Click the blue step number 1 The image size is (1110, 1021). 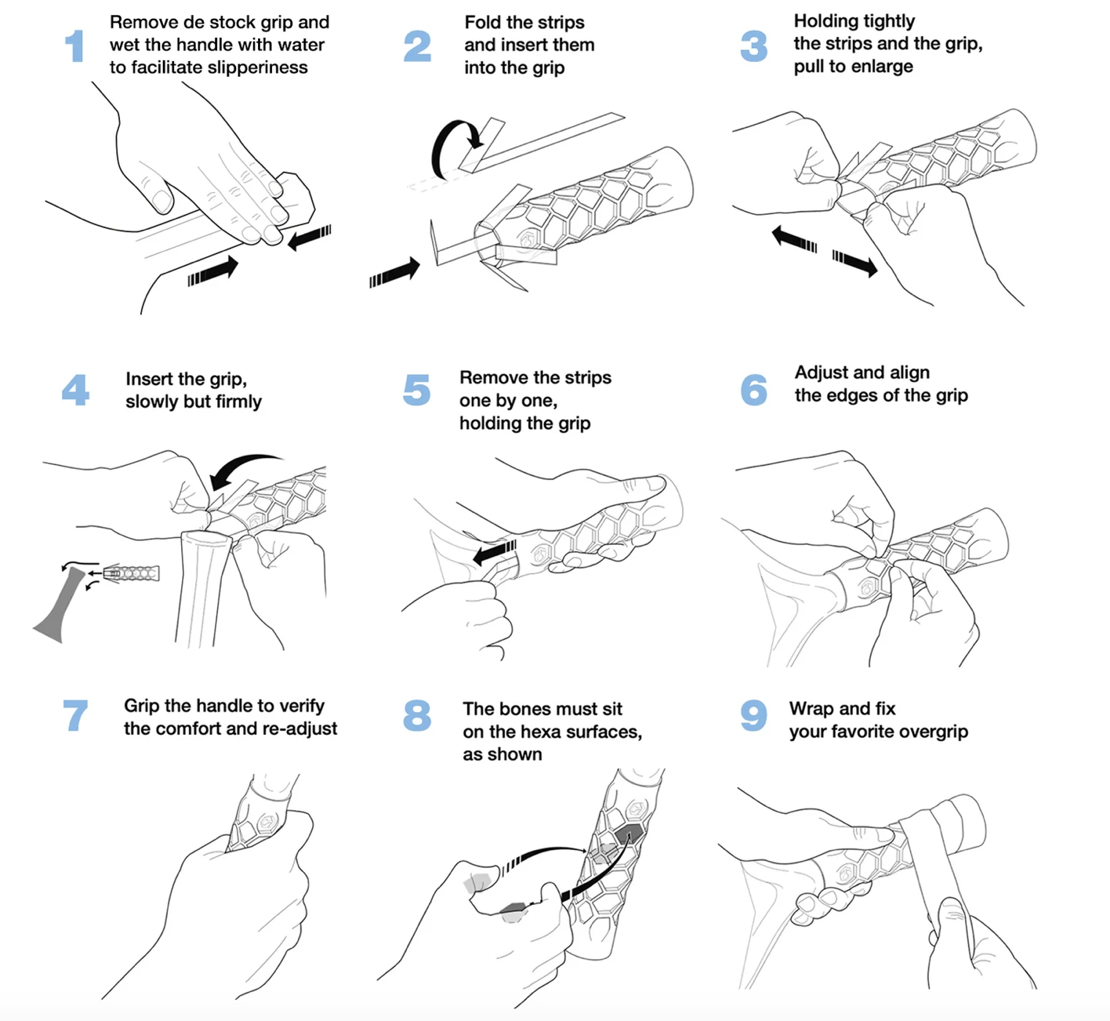coord(74,45)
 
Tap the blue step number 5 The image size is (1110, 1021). coord(416,390)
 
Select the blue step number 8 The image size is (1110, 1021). coord(417,715)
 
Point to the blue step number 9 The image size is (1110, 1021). coord(753,715)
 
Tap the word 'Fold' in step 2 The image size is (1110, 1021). coord(481,22)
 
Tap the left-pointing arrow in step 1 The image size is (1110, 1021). coord(310,237)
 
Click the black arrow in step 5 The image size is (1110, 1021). coord(495,552)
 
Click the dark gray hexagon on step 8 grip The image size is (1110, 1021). coord(627,834)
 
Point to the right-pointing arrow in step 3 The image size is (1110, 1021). coord(855,263)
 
